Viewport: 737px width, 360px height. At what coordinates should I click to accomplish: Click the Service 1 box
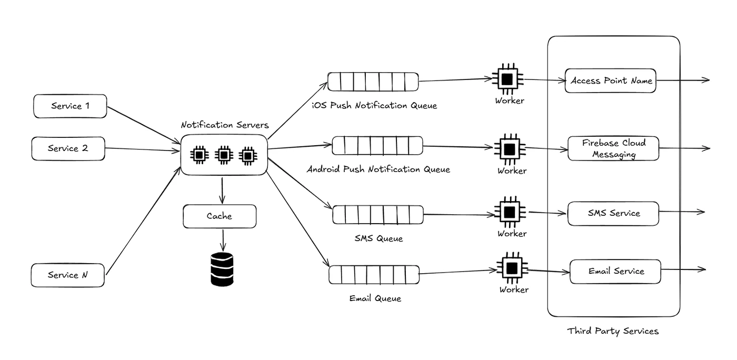tap(70, 106)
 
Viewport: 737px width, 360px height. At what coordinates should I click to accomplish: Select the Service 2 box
tap(68, 149)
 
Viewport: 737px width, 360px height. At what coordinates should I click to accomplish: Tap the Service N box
tap(68, 275)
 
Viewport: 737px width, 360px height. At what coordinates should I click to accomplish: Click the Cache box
tap(220, 216)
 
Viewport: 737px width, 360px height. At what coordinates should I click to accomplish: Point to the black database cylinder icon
tap(222, 269)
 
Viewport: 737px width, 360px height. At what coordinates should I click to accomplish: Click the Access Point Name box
tap(610, 81)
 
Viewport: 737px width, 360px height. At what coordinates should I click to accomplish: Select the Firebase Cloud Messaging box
tap(613, 148)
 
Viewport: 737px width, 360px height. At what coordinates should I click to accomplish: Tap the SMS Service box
tap(613, 214)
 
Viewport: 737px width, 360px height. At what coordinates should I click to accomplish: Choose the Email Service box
tap(615, 272)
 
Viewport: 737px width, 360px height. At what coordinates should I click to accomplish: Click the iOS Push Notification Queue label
tap(374, 105)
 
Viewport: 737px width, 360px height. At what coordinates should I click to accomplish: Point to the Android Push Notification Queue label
tap(379, 169)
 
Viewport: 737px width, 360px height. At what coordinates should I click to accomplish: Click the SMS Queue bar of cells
tap(378, 215)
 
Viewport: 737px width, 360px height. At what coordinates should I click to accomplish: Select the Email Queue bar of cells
tap(374, 274)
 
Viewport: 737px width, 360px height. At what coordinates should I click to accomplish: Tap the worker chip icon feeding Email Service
tap(512, 268)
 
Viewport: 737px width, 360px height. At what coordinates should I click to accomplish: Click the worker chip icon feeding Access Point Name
tap(507, 79)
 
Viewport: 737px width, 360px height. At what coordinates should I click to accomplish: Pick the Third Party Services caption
tap(613, 331)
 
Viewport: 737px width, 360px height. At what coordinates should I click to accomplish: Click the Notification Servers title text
tap(225, 125)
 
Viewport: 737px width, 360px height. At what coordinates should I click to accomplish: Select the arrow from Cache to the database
tap(223, 240)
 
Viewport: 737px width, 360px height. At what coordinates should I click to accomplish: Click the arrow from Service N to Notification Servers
tap(143, 221)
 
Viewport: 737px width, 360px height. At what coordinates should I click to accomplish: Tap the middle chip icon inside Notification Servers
tap(224, 155)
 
